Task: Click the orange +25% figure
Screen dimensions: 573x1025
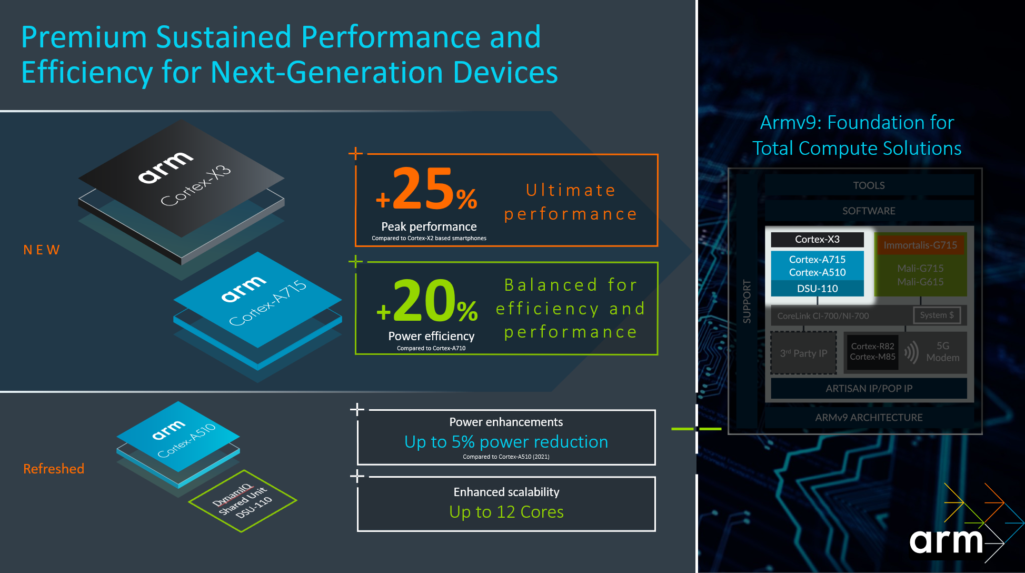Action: coord(426,190)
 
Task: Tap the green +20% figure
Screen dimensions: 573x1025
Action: coord(427,301)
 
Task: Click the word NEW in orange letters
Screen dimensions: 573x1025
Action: coord(42,250)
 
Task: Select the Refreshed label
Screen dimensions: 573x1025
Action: coord(54,469)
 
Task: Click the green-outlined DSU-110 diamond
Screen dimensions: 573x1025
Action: coord(243,501)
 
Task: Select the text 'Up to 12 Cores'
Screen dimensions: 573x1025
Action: coord(506,512)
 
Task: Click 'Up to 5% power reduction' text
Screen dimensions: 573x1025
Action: coord(506,442)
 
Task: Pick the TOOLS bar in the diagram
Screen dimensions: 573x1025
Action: coord(869,185)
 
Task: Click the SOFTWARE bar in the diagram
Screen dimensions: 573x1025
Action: coord(869,211)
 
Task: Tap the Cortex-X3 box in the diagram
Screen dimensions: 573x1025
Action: coord(817,240)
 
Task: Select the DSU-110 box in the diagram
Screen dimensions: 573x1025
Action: coord(817,289)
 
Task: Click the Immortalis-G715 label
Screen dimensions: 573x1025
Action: coord(920,245)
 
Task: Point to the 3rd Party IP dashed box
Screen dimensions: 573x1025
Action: coord(803,353)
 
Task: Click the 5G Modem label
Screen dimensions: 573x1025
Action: coord(942,352)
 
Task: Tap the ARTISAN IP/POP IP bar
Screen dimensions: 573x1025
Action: coord(869,389)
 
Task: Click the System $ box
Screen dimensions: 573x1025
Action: coord(937,315)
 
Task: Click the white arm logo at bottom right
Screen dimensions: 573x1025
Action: coord(946,541)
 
